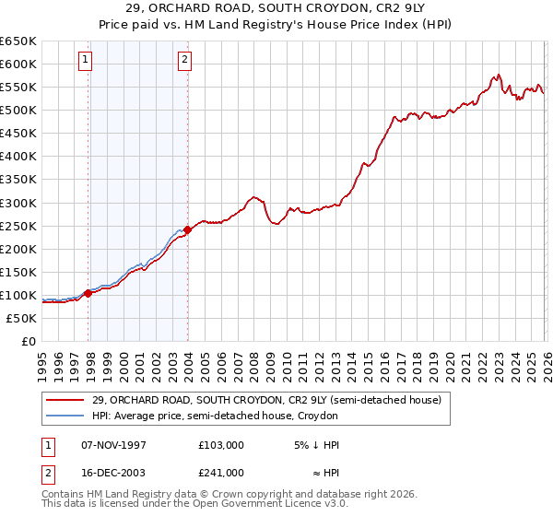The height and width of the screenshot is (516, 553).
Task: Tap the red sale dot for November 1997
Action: (88, 293)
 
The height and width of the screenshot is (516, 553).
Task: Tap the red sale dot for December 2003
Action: (188, 229)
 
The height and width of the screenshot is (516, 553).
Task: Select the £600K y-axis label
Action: (18, 64)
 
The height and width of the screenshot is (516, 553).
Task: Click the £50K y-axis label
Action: (21, 318)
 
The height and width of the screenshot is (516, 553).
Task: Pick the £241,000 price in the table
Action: (221, 472)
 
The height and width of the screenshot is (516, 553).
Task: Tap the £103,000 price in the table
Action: (221, 445)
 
